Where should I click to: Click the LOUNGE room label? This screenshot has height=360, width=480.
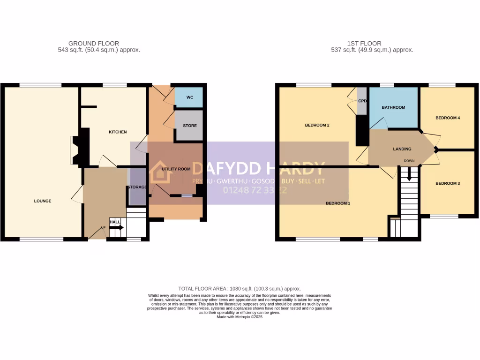tap(43, 201)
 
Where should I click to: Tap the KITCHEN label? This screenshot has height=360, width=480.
tap(118, 132)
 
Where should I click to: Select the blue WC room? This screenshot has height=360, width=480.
tap(190, 97)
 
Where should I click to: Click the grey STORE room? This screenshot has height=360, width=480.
tap(190, 126)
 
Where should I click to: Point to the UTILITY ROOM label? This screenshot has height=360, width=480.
tap(176, 169)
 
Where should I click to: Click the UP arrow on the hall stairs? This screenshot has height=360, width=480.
tap(117, 228)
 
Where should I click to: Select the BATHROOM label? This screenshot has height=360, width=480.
tap(393, 107)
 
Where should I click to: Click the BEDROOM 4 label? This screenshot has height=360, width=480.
tap(447, 118)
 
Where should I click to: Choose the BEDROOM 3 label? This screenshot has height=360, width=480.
tap(447, 183)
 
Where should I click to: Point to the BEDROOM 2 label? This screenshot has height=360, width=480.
tap(317, 125)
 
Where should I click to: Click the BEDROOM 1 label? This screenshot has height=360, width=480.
tap(337, 203)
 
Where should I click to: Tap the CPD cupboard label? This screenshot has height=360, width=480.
tap(362, 101)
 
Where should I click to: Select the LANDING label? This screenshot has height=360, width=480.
tap(402, 149)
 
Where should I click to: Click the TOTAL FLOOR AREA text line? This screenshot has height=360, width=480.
tap(240, 289)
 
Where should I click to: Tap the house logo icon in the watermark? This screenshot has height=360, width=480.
tap(161, 172)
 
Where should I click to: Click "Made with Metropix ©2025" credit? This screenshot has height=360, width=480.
tap(240, 317)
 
